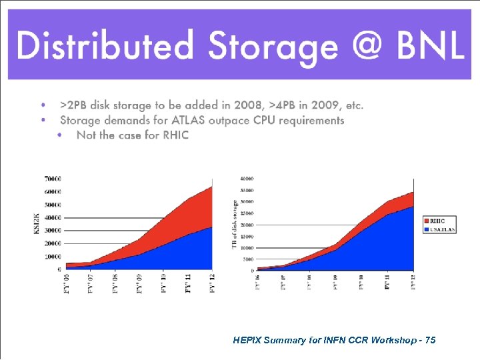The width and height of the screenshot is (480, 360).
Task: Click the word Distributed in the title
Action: [106, 46]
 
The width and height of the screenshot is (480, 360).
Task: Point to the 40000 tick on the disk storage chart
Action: [247, 179]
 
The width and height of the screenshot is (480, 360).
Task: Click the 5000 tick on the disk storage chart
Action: [248, 259]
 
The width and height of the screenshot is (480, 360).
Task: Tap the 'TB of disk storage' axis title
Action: [235, 224]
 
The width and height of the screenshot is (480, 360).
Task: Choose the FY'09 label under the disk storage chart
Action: [335, 281]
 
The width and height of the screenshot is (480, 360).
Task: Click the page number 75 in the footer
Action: [430, 340]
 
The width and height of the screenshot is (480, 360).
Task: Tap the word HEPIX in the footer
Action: [249, 340]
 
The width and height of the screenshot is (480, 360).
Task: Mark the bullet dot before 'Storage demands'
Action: [43, 120]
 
